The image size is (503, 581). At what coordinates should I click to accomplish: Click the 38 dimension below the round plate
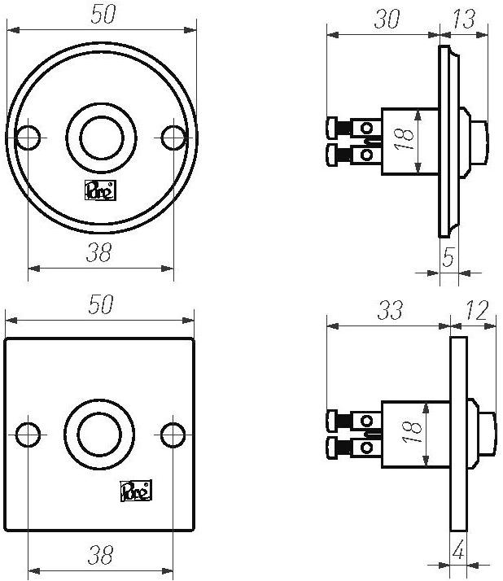pyautogui.click(x=99, y=254)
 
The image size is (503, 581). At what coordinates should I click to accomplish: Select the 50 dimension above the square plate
pyautogui.click(x=99, y=305)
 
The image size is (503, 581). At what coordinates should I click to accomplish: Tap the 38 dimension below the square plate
pyautogui.click(x=99, y=555)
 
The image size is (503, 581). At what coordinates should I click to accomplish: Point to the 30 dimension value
pyautogui.click(x=386, y=19)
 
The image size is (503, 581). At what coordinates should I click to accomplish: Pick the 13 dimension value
pyautogui.click(x=464, y=19)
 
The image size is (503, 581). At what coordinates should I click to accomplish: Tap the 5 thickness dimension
pyautogui.click(x=448, y=259)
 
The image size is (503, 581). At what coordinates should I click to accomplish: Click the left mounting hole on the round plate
pyautogui.click(x=28, y=138)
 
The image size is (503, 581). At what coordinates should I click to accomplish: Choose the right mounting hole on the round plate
pyautogui.click(x=173, y=138)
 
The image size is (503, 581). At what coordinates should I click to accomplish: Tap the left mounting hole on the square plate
pyautogui.click(x=28, y=434)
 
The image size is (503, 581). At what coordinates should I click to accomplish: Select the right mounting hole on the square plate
pyautogui.click(x=173, y=434)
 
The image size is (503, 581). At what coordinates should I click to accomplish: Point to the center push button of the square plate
pyautogui.click(x=101, y=434)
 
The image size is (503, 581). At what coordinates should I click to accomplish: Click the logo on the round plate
pyautogui.click(x=101, y=190)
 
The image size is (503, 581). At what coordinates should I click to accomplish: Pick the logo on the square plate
pyautogui.click(x=135, y=491)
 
